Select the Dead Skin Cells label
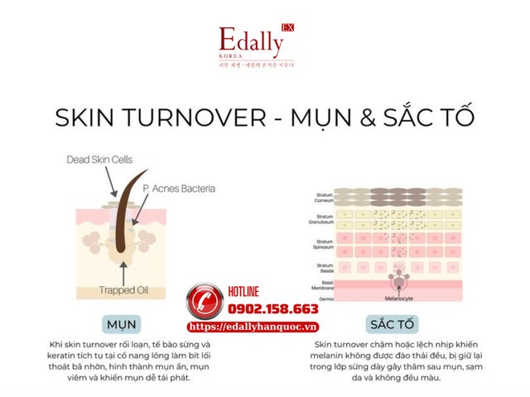[99, 160]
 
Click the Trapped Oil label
[123, 289]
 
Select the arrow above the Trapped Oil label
[123, 271]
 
